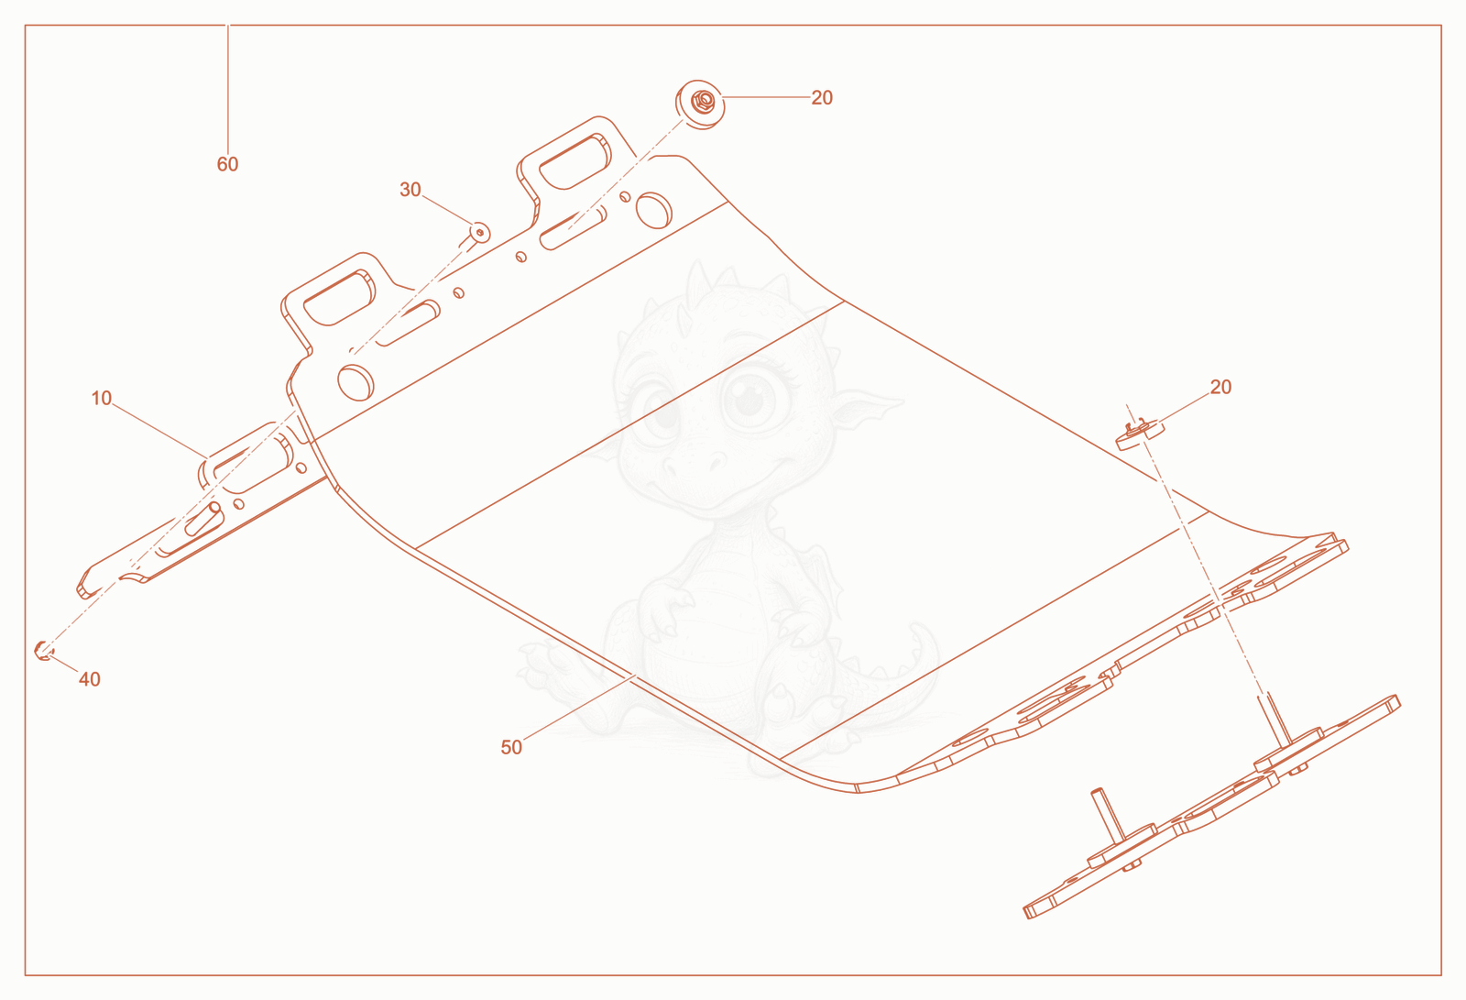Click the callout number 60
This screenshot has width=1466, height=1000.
coord(227,164)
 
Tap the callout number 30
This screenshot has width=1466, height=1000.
coord(410,189)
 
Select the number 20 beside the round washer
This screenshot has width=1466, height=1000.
coord(822,97)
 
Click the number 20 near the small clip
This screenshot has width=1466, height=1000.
coord(1220,387)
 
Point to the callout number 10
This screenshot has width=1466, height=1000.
coord(102,398)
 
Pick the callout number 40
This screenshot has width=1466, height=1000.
coord(90,679)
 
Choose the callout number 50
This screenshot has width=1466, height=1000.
coord(511,747)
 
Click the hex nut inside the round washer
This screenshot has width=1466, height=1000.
coord(703,102)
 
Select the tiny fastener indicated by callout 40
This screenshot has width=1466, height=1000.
coord(43,650)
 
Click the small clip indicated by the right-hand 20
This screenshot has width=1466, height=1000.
coord(1140,434)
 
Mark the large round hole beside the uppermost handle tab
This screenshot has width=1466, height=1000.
coord(653,210)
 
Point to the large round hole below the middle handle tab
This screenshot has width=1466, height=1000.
coord(356,382)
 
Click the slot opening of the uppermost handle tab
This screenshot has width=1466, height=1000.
coord(574,161)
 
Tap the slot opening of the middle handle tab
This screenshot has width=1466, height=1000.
coord(339,297)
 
